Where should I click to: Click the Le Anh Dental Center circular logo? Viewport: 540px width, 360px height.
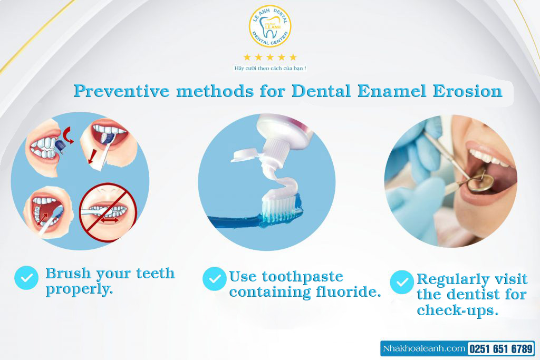pos(270,26)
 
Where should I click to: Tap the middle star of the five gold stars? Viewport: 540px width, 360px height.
pos(270,57)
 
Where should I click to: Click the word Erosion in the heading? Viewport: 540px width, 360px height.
pos(468,91)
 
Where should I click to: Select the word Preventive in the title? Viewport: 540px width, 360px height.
pos(122,91)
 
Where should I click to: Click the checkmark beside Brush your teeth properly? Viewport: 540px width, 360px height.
pos(26,278)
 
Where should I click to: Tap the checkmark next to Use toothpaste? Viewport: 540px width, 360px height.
pos(215,279)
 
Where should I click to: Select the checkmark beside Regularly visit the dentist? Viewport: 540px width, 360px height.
pos(402,282)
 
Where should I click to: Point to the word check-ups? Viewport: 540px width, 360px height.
pos(458,310)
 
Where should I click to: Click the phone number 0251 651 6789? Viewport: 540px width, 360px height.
pos(501,349)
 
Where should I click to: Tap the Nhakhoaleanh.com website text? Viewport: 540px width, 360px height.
pos(425,348)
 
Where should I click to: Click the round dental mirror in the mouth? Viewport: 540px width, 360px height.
pos(481,183)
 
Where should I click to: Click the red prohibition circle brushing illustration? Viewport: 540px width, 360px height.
pos(108,212)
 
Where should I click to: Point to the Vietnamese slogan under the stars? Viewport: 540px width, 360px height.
pos(270,68)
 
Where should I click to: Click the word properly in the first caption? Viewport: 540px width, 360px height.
pos(79,289)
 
